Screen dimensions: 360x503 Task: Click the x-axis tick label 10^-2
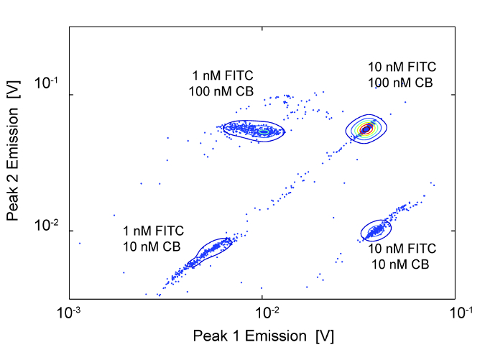264,312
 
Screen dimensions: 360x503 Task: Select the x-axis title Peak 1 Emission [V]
263,336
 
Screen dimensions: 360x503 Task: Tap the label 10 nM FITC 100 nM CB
400,75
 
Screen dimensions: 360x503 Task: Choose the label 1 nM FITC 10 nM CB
152,239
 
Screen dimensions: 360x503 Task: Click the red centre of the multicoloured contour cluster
367,129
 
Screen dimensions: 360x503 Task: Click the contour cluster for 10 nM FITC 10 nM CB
376,230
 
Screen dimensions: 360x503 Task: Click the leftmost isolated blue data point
80,243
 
